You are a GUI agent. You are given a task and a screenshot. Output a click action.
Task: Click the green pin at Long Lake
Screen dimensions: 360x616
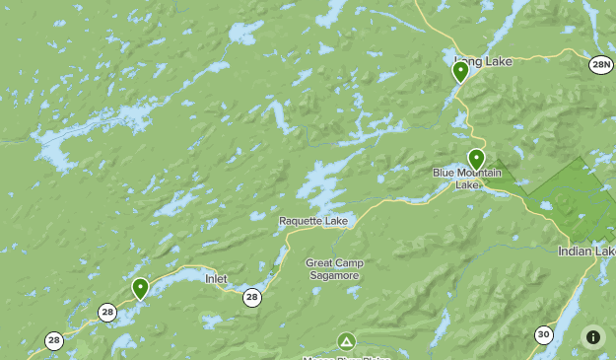click(460, 71)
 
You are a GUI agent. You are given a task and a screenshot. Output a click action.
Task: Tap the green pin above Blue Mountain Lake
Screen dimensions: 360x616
click(476, 159)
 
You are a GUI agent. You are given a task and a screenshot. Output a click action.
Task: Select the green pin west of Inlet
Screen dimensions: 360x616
click(140, 288)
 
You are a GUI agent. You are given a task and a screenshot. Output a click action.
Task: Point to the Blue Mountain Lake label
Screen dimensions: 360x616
click(467, 179)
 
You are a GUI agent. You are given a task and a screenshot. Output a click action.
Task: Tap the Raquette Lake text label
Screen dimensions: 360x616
click(313, 221)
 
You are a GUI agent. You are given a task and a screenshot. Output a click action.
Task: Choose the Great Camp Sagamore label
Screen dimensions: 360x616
click(332, 269)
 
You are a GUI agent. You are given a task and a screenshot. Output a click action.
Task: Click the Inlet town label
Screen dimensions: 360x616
click(216, 279)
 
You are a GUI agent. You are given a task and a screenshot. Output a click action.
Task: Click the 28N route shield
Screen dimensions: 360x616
click(601, 65)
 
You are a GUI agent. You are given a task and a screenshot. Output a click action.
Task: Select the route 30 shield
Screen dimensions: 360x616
click(543, 335)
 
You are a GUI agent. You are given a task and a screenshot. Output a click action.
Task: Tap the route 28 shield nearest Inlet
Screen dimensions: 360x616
click(252, 297)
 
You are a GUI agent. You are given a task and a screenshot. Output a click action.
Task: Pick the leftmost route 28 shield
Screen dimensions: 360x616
click(53, 340)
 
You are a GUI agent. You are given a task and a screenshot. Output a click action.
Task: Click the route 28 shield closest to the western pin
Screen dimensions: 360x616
click(106, 313)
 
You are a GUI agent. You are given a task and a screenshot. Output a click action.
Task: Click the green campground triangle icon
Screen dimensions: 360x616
click(346, 341)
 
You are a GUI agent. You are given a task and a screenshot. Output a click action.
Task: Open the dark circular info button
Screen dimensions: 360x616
click(592, 336)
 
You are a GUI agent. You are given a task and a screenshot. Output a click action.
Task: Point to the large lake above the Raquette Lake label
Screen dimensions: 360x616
click(325, 182)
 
